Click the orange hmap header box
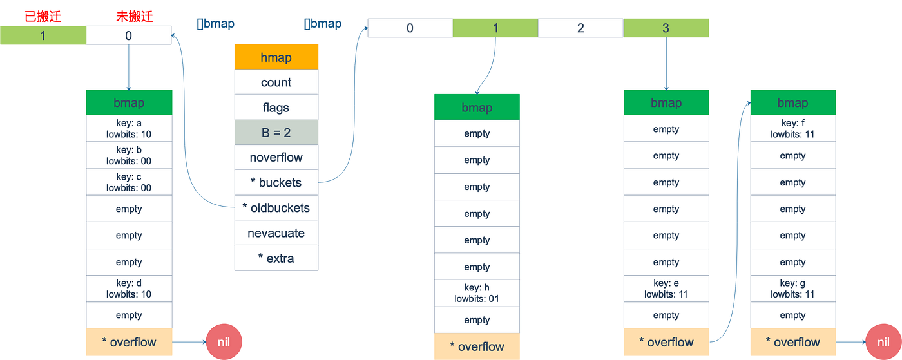tap(276, 57)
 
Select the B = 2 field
tap(276, 133)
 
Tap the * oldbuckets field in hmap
tap(276, 208)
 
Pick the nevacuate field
tap(276, 233)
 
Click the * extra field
tap(276, 258)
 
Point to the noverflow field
tap(276, 158)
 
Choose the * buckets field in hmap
tap(276, 183)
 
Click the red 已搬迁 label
tap(43, 16)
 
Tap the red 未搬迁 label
tap(134, 16)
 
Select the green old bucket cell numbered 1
tap(43, 35)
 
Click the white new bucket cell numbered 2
tap(581, 28)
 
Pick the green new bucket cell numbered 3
tap(666, 28)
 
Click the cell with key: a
tap(129, 129)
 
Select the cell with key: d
tap(129, 289)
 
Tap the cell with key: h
tap(477, 293)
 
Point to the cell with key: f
tap(792, 129)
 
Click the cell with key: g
tap(792, 289)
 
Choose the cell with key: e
tap(666, 289)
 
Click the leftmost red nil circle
tap(224, 342)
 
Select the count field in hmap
tap(276, 82)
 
